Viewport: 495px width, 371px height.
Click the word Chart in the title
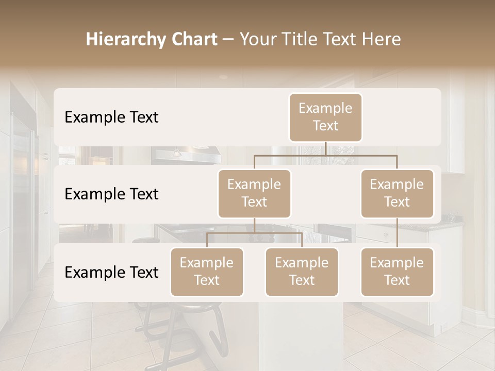192,40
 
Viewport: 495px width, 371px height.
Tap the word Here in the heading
382,40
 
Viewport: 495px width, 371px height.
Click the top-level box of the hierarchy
325,117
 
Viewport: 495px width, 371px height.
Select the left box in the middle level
254,193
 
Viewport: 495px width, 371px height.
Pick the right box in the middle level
397,193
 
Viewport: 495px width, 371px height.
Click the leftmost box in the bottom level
207,272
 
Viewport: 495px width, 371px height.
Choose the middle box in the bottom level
302,272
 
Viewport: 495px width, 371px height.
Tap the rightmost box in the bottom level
397,272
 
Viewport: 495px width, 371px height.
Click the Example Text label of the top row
111,117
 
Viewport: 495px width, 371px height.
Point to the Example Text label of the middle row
111,194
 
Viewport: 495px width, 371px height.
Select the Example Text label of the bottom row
111,273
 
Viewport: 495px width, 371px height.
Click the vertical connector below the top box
326,148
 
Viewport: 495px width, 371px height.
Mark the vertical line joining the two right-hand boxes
397,233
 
